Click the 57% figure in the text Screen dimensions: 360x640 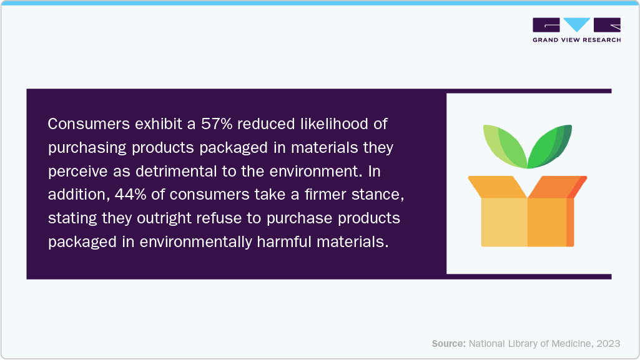point(215,124)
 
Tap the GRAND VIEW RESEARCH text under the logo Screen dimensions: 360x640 point(576,40)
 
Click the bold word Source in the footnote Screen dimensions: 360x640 point(448,343)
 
